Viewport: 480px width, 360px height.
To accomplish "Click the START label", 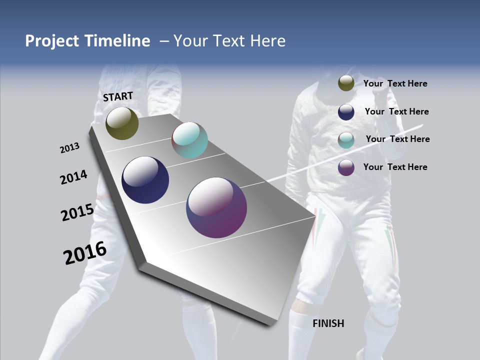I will [x=118, y=96].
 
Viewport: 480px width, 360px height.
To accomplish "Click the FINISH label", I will [x=328, y=323].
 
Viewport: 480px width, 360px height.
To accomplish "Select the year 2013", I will [x=70, y=148].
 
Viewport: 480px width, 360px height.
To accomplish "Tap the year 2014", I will [x=74, y=177].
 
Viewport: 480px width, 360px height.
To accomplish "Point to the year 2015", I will [x=77, y=212].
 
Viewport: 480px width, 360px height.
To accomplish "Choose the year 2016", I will [x=85, y=253].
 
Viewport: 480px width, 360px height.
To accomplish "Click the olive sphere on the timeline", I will [x=122, y=123].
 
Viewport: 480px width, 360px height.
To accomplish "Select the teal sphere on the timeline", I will [x=189, y=140].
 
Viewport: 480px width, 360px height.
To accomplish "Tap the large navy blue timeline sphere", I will [x=145, y=180].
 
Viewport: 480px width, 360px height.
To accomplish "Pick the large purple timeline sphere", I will [x=216, y=207].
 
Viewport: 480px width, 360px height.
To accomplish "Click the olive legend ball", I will [x=346, y=83].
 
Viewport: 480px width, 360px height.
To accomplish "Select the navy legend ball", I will [x=346, y=112].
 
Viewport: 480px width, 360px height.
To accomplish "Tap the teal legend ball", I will [x=346, y=140].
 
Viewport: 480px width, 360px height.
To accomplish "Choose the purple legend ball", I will [x=346, y=167].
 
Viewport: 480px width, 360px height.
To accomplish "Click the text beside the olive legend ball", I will [x=395, y=84].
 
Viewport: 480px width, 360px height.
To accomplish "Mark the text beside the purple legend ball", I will [x=395, y=167].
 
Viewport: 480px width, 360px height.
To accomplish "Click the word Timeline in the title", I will [x=117, y=41].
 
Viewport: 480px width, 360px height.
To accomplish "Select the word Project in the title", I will [x=51, y=41].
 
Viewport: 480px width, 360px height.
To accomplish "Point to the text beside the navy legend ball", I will [x=396, y=112].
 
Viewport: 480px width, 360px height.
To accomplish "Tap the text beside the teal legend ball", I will [x=397, y=139].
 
